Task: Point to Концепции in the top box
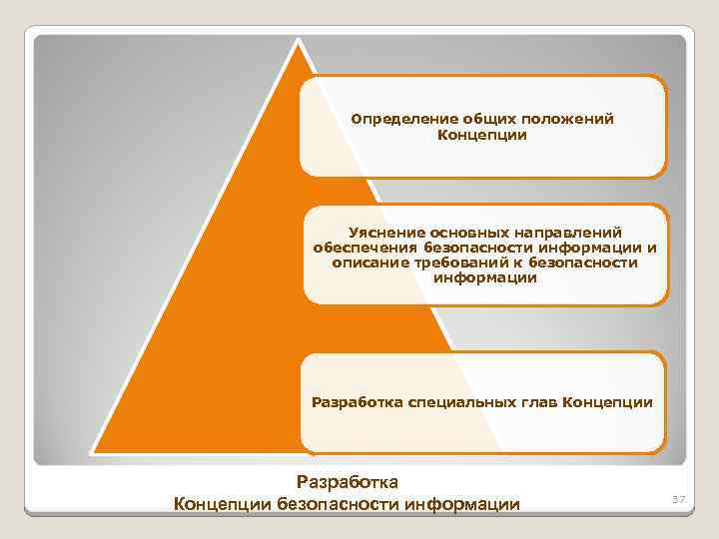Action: coord(482,135)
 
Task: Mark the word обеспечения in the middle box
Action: coord(364,247)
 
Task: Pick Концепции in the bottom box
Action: coord(608,403)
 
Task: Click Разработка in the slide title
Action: coord(348,483)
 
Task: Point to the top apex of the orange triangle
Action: coord(298,40)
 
